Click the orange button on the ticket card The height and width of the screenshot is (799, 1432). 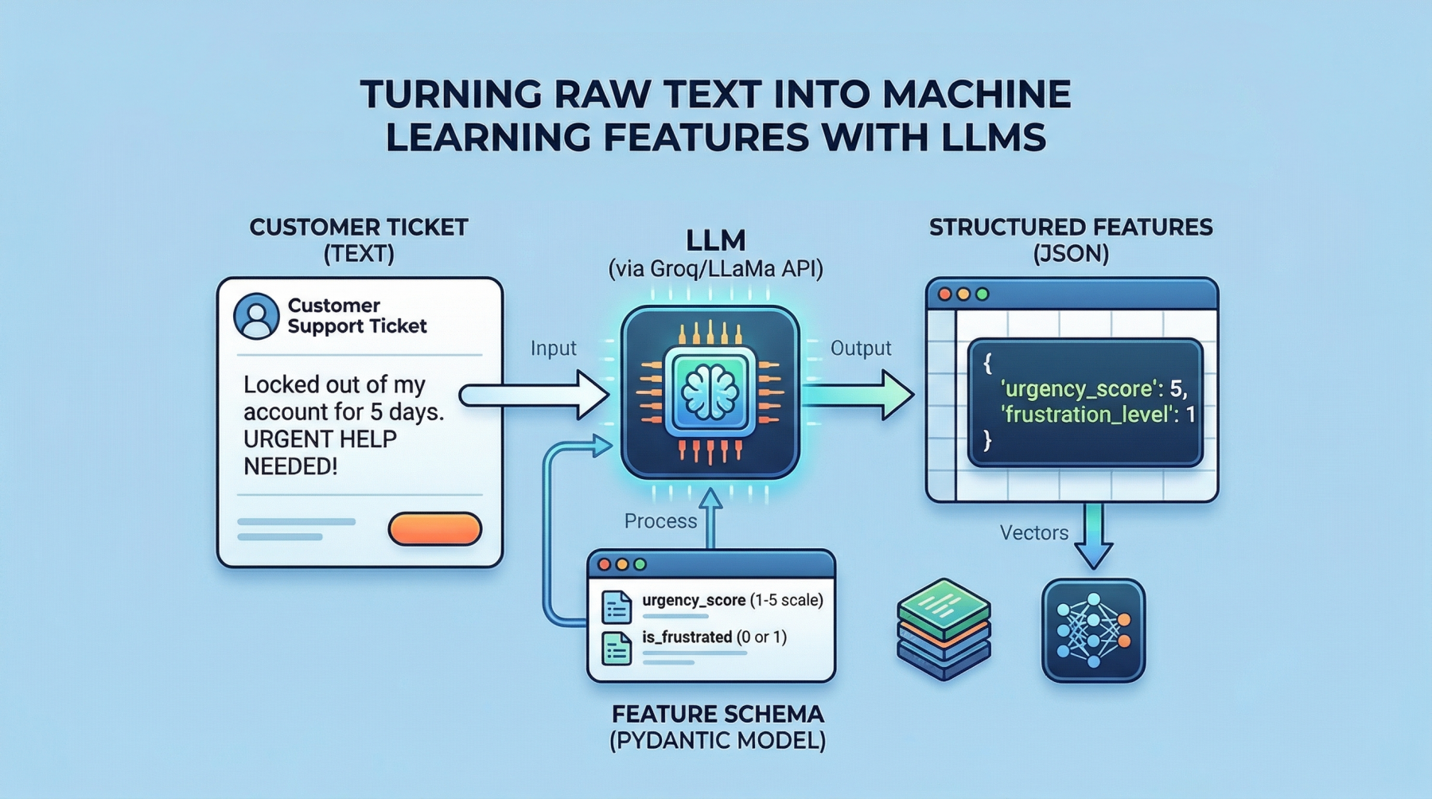pos(434,529)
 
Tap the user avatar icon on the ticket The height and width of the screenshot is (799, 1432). pos(256,316)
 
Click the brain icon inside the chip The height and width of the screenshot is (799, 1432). pos(710,392)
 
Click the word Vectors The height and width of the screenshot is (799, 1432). pos(1033,532)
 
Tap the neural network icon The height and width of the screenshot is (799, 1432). pos(1093,630)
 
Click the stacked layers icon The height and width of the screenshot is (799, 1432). pos(944,629)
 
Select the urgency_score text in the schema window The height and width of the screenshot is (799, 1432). pos(694,600)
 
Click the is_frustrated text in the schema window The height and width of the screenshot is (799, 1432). pos(687,637)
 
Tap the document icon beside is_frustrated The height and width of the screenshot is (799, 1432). pos(617,648)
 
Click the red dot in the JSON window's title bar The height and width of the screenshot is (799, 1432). pos(945,294)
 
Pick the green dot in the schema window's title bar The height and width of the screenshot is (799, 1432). pos(640,564)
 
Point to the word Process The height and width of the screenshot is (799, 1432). pos(660,521)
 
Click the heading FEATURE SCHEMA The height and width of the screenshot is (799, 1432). pos(718,714)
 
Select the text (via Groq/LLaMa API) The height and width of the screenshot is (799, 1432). pos(715,269)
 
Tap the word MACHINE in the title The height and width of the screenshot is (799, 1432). pos(977,94)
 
